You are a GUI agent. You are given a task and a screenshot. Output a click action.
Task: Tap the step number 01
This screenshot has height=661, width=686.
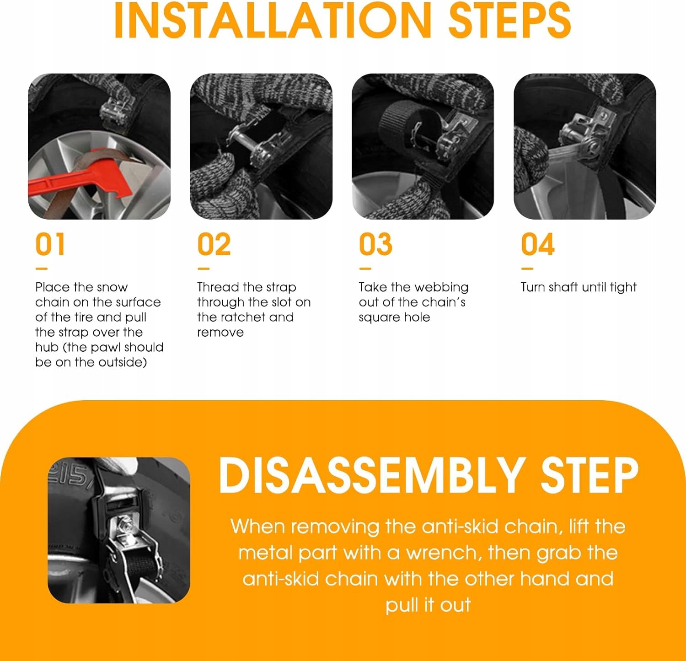point(50,244)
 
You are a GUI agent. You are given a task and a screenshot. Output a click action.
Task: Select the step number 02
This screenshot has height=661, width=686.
point(214,244)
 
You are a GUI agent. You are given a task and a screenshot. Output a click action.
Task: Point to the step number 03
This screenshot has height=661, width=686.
point(375,244)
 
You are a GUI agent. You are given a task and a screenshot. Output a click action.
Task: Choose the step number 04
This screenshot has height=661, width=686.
point(538,244)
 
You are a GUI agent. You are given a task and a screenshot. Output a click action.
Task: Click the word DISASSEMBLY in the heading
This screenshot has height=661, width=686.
point(371,475)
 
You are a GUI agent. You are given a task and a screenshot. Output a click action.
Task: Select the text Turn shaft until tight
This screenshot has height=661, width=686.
point(579,287)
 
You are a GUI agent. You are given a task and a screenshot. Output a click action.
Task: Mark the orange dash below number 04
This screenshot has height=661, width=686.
point(527,269)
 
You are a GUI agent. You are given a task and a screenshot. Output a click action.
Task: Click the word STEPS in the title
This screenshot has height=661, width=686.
point(509,20)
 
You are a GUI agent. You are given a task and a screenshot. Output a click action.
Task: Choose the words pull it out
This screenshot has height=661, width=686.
point(428,605)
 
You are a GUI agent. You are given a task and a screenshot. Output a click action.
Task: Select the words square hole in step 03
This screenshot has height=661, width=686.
point(394,317)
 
